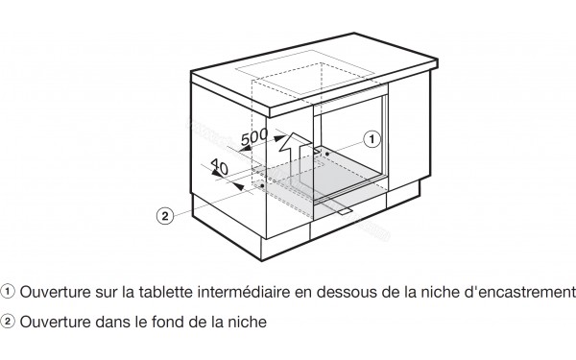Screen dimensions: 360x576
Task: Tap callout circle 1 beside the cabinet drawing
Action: click(371, 138)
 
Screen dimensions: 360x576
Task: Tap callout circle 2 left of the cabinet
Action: click(165, 215)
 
